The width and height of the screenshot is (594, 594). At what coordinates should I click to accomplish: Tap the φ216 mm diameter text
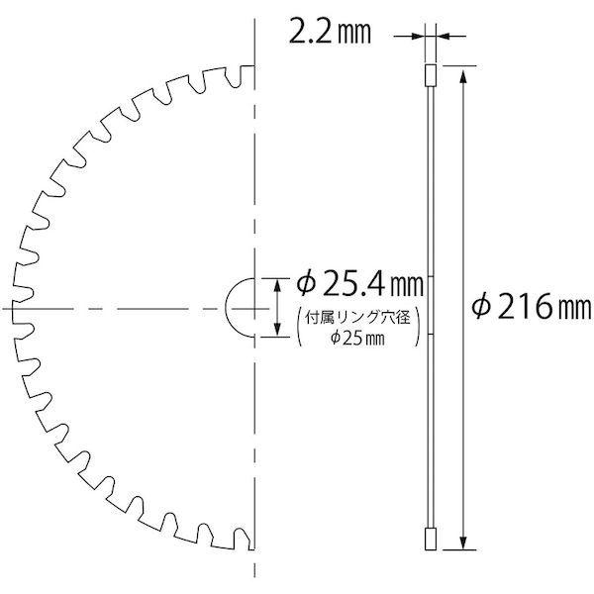[x=529, y=308]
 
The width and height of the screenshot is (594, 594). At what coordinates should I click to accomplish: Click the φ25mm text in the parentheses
[x=356, y=339]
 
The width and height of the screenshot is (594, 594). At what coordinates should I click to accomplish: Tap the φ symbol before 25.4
[x=306, y=285]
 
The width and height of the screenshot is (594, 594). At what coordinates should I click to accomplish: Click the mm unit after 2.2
[x=357, y=37]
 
